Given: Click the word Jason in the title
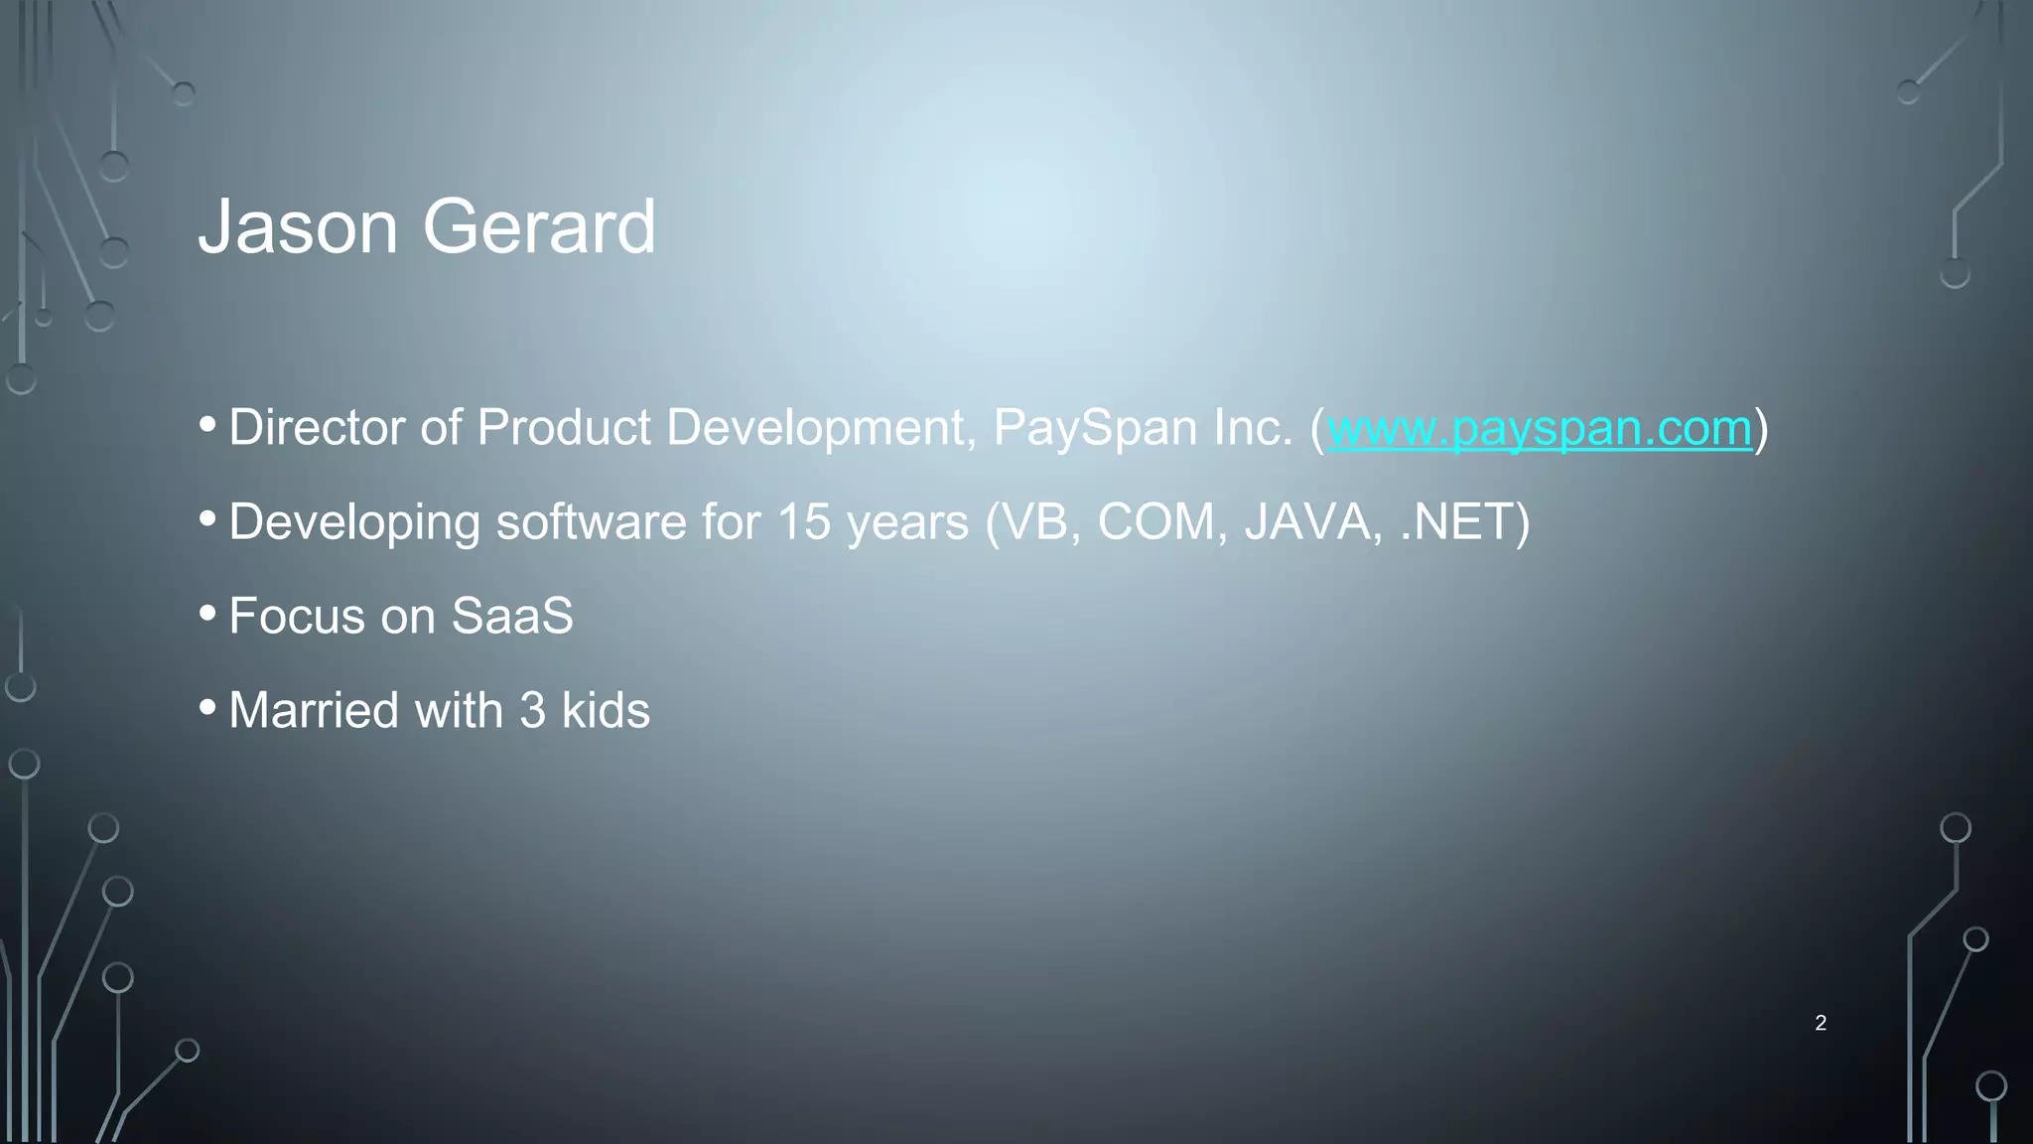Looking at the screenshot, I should (298, 227).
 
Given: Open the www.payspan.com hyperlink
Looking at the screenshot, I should (1539, 428).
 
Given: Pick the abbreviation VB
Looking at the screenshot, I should (1037, 522).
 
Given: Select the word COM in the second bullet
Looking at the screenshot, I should (1156, 522).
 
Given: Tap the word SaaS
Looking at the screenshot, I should (512, 616).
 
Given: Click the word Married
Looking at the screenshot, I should (314, 711).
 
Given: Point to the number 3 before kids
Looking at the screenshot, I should (532, 711).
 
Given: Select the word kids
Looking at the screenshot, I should (606, 711).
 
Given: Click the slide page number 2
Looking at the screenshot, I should (1820, 1023).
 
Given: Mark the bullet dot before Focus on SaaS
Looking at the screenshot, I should (207, 614).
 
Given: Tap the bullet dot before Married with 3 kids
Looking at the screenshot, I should (207, 708).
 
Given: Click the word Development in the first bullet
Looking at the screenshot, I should (815, 428).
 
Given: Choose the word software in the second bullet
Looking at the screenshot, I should (591, 522).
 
